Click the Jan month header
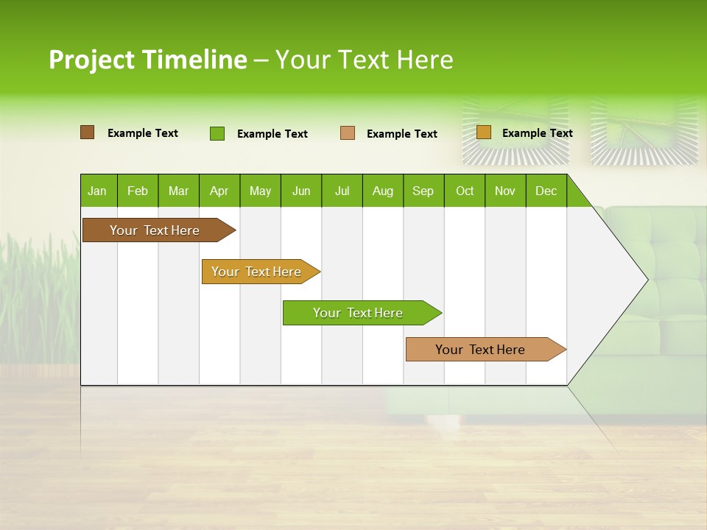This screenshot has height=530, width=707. coord(98,191)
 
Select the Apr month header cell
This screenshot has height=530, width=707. coord(219,191)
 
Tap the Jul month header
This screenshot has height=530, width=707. coord(342,191)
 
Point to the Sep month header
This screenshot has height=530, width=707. coord(423,191)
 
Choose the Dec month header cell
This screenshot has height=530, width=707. coord(546,191)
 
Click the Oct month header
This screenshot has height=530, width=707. coord(465,191)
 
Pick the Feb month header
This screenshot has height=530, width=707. coord(138,191)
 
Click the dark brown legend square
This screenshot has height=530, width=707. coord(87,132)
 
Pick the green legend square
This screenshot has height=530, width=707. coord(217,133)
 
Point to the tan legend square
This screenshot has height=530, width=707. coord(348,133)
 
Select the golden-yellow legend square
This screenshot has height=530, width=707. coord(483,132)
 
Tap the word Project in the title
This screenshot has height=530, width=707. coord(91,60)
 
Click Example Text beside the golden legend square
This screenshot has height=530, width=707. coord(537,133)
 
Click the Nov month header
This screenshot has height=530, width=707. coord(505,191)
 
